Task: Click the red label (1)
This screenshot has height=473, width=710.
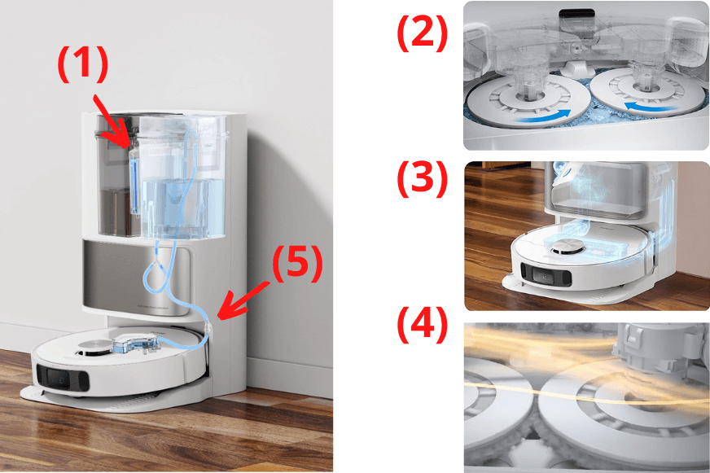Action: pyautogui.click(x=81, y=64)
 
